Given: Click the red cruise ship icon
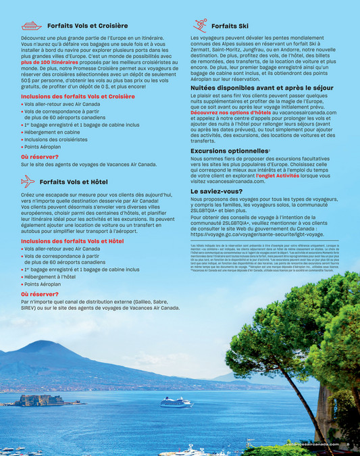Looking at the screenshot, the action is point(30,26).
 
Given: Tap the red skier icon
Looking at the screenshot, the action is point(200,26).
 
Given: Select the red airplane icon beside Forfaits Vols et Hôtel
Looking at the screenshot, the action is point(28,181).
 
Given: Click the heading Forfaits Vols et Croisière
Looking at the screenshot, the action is point(87,26).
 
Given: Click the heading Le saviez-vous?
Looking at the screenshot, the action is point(216,191).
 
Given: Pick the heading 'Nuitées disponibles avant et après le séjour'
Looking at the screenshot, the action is point(262,88).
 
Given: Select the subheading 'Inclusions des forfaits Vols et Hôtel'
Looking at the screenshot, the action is point(72,240).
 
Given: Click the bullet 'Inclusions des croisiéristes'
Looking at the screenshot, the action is point(60,140).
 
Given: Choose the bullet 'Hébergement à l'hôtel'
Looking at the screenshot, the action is point(55,277).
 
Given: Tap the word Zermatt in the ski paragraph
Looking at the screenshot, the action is point(204,49).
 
